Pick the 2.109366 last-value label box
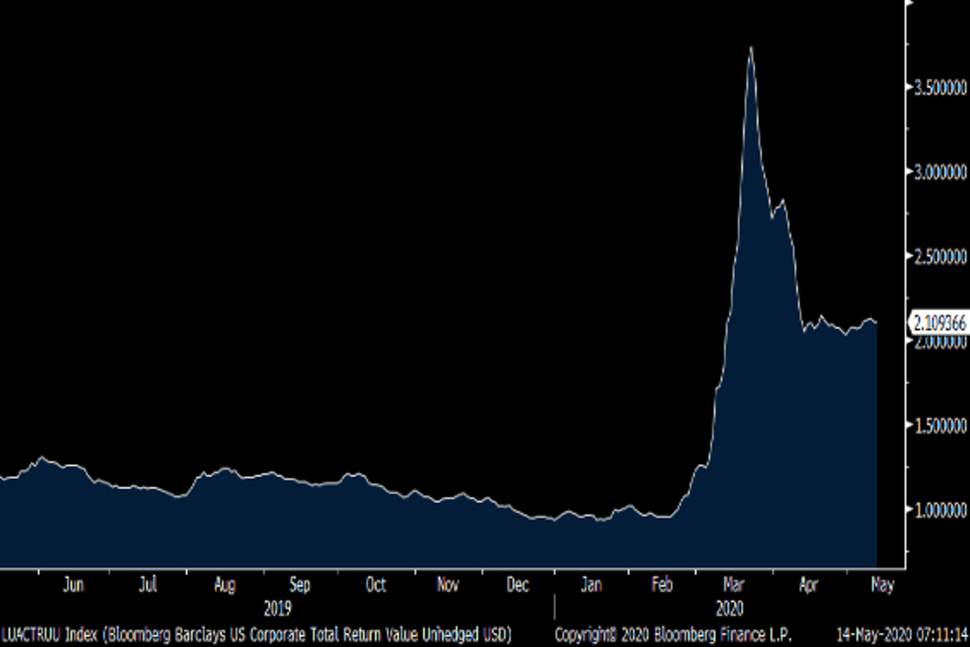click(938, 323)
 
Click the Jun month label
click(74, 585)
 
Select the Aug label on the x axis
click(225, 585)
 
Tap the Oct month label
click(376, 585)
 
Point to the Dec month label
click(518, 585)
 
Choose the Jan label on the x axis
click(593, 585)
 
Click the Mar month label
click(735, 585)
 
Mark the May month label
click(882, 585)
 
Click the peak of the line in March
click(751, 48)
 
